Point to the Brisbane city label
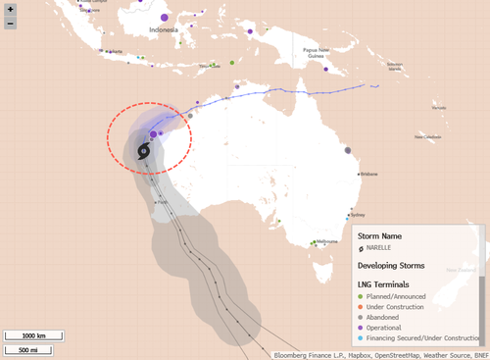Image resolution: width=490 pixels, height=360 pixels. click(x=368, y=174)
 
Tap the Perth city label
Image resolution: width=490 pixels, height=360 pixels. click(x=163, y=202)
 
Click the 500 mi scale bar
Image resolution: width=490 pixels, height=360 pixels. click(x=27, y=349)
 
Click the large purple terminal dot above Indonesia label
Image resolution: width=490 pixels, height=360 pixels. click(x=164, y=17)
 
